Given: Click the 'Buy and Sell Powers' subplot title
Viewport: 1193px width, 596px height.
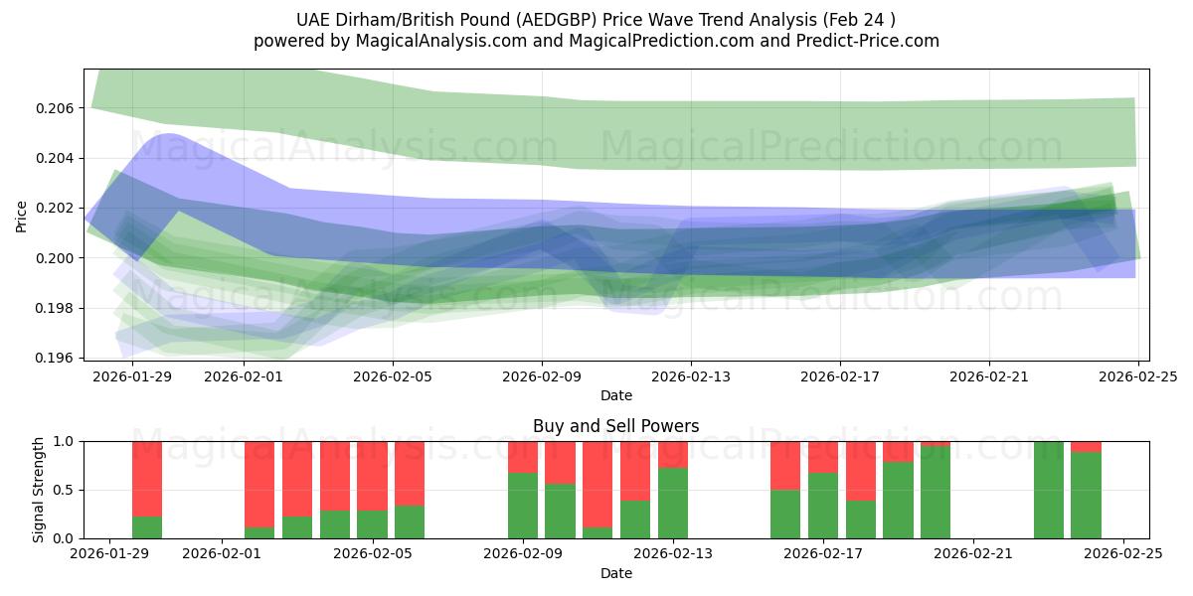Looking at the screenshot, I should tap(615, 426).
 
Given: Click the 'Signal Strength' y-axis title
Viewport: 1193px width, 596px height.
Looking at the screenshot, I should tap(40, 490).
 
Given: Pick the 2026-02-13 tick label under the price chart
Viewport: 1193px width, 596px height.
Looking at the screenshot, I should tap(691, 376).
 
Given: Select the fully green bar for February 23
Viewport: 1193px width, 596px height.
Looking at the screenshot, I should tap(1048, 490).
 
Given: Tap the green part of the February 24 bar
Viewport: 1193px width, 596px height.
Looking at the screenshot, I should tap(1086, 495).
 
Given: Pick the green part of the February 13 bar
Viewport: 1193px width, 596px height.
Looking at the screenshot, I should tap(673, 503).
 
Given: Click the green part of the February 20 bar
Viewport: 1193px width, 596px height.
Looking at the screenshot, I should tap(936, 493).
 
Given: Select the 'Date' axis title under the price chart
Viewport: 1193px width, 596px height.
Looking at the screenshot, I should tap(615, 395).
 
